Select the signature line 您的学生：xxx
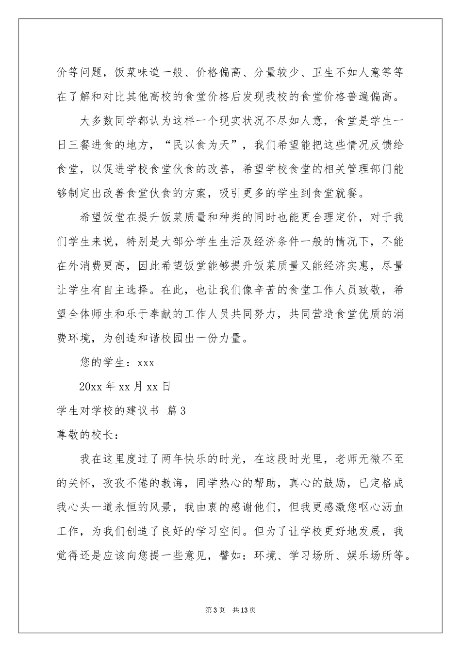116,362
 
